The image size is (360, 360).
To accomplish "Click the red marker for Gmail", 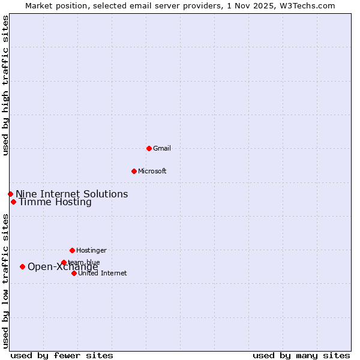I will (149, 148).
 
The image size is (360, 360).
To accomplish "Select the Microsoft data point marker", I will (134, 171).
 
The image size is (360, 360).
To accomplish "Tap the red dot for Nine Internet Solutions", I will (10, 194).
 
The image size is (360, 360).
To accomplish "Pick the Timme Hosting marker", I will (13, 202).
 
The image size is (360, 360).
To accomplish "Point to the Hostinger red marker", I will (72, 250).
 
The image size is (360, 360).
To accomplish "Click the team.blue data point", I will (64, 262).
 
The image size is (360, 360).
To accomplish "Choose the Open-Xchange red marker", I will (22, 266).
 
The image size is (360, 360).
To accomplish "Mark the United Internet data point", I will (74, 273).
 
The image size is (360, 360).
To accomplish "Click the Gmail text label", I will (162, 148).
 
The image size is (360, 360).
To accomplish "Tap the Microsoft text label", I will (152, 171).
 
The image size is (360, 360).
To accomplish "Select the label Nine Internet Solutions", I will (71, 194).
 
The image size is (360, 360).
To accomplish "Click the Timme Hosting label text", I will (55, 202).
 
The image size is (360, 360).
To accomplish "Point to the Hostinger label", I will (91, 250).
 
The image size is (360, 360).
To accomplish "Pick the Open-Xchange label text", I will (62, 267).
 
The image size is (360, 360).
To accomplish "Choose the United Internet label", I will (102, 273).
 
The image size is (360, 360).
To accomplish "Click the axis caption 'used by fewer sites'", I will (62, 355).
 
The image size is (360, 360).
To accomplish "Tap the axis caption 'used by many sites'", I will (301, 355).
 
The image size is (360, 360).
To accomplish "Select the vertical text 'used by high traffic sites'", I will (6, 85).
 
